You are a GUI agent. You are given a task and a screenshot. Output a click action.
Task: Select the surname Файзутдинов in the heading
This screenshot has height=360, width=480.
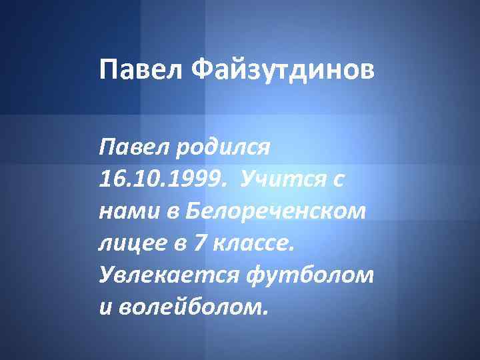tap(284, 69)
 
